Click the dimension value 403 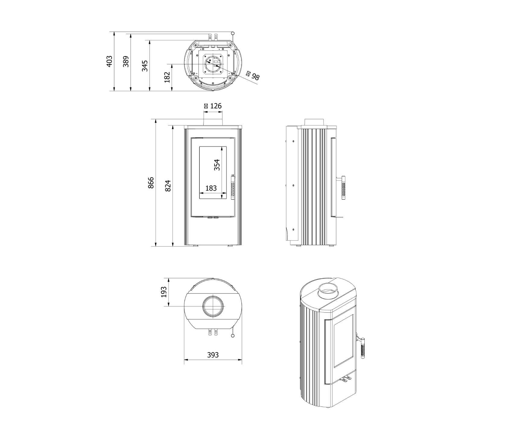pos(110,61)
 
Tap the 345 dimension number pos(145,66)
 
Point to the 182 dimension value pos(167,77)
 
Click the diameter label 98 pos(253,76)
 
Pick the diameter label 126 pos(213,106)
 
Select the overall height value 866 pos(151,183)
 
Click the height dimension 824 pos(168,186)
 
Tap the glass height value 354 pos(217,165)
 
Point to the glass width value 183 pos(211,188)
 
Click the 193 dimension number pos(164,292)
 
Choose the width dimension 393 pos(213,355)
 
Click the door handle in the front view pos(233,187)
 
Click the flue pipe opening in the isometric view pos(328,291)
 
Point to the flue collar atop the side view pos(315,122)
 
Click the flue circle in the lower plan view pos(213,306)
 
